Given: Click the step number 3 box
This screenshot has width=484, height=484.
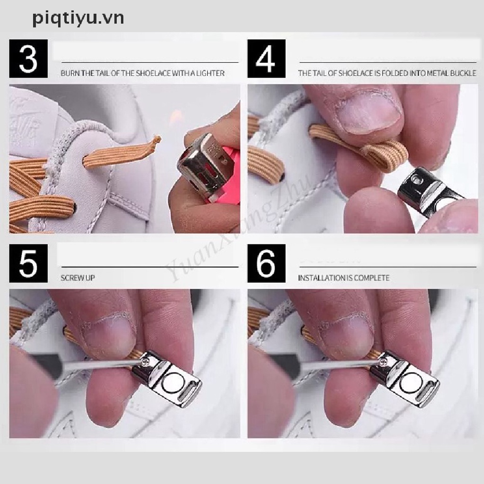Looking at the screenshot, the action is pyautogui.click(x=28, y=58).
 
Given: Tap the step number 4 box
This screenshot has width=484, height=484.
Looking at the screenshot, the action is pyautogui.click(x=267, y=58).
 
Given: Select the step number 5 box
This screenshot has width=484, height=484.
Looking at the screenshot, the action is pyautogui.click(x=28, y=263).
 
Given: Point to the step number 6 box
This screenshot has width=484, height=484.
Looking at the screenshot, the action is pyautogui.click(x=267, y=263).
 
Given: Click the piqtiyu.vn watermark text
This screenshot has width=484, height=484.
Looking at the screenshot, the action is pyautogui.click(x=78, y=18).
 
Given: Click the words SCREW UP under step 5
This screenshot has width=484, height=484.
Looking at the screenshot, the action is pyautogui.click(x=78, y=278).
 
